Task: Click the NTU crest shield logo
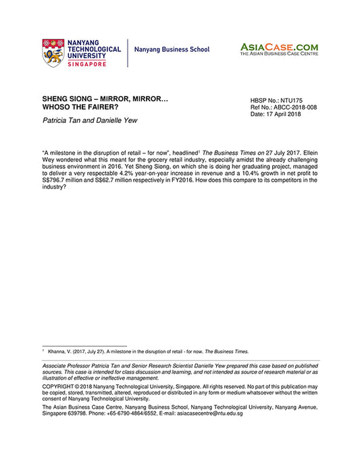[x=53, y=52]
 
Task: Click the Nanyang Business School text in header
[x=172, y=50]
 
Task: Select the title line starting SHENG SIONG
[x=105, y=99]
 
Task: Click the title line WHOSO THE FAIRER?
[x=80, y=107]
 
